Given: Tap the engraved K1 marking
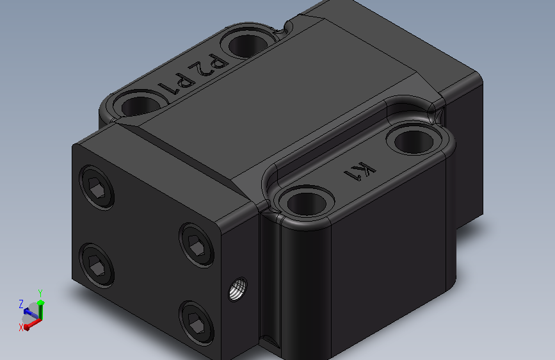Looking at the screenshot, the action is [x=360, y=171].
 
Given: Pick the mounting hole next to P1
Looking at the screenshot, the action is [x=141, y=104].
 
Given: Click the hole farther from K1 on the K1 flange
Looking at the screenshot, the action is [x=307, y=203].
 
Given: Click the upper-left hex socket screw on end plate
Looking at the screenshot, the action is [x=97, y=188].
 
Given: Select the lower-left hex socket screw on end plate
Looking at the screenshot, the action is [x=97, y=266].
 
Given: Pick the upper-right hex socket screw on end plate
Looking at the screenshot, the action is [x=197, y=245].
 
